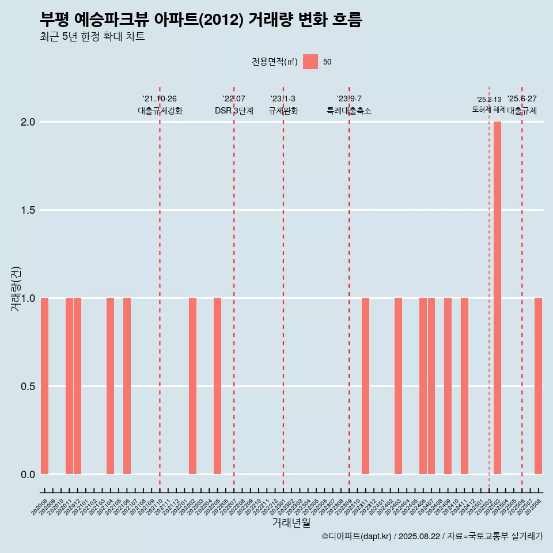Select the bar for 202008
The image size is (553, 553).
pos(44,386)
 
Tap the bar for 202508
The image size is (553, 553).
pos(538,386)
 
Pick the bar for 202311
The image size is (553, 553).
pos(365,386)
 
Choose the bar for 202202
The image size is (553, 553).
pos(192,386)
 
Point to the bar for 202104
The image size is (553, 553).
pos(110,386)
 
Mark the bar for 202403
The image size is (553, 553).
pos(398,386)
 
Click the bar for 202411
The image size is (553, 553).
pos(464,386)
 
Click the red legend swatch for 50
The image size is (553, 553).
pos(310,62)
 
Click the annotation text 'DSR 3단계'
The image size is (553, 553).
pos(234,111)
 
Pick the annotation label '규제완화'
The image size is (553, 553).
pos(283,111)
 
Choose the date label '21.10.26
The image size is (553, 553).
pos(160,99)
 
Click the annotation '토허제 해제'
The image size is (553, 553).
pos(488,109)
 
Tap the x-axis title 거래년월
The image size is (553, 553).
pos(291,522)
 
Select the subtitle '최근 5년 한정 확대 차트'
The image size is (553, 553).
pos(92,37)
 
